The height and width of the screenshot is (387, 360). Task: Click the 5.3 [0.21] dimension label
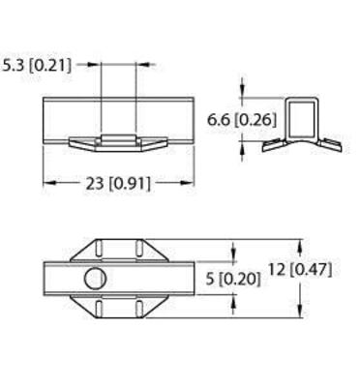(x=36, y=66)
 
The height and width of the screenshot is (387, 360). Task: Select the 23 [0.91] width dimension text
(x=118, y=184)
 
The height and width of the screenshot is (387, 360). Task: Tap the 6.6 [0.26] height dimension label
(x=242, y=120)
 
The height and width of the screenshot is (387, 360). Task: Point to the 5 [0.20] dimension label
(x=233, y=279)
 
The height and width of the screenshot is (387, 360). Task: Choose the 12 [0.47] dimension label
(x=300, y=270)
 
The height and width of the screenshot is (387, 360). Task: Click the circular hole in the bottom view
(x=96, y=279)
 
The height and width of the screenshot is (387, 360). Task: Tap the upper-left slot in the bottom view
(x=99, y=249)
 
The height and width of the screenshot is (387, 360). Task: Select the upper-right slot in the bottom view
(x=139, y=249)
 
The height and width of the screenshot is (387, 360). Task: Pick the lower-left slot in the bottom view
(x=99, y=309)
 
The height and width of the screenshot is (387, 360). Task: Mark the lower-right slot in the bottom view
(x=139, y=309)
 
